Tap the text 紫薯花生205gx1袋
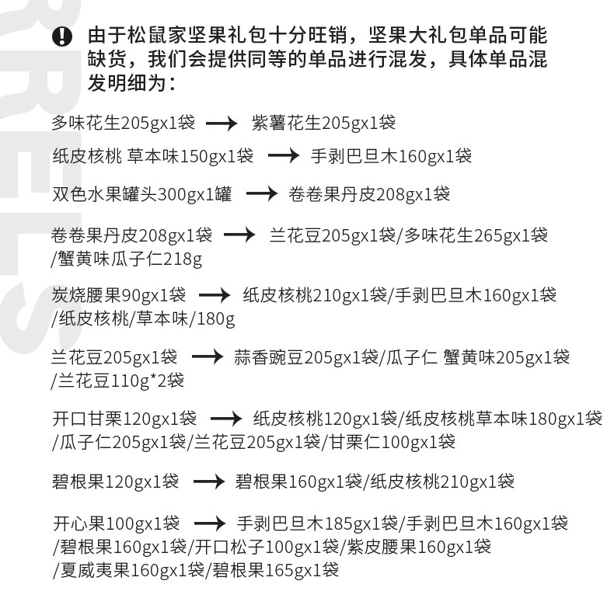pyautogui.click(x=323, y=123)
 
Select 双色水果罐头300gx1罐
pyautogui.click(x=141, y=193)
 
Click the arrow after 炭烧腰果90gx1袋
pyautogui.click(x=215, y=296)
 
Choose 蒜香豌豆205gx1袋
pyautogui.click(x=305, y=357)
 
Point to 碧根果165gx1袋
pyautogui.click(x=275, y=571)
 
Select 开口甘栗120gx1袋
pyautogui.click(x=124, y=419)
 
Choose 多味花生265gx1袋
pyautogui.click(x=476, y=235)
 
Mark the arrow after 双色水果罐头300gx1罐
pyautogui.click(x=261, y=194)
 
